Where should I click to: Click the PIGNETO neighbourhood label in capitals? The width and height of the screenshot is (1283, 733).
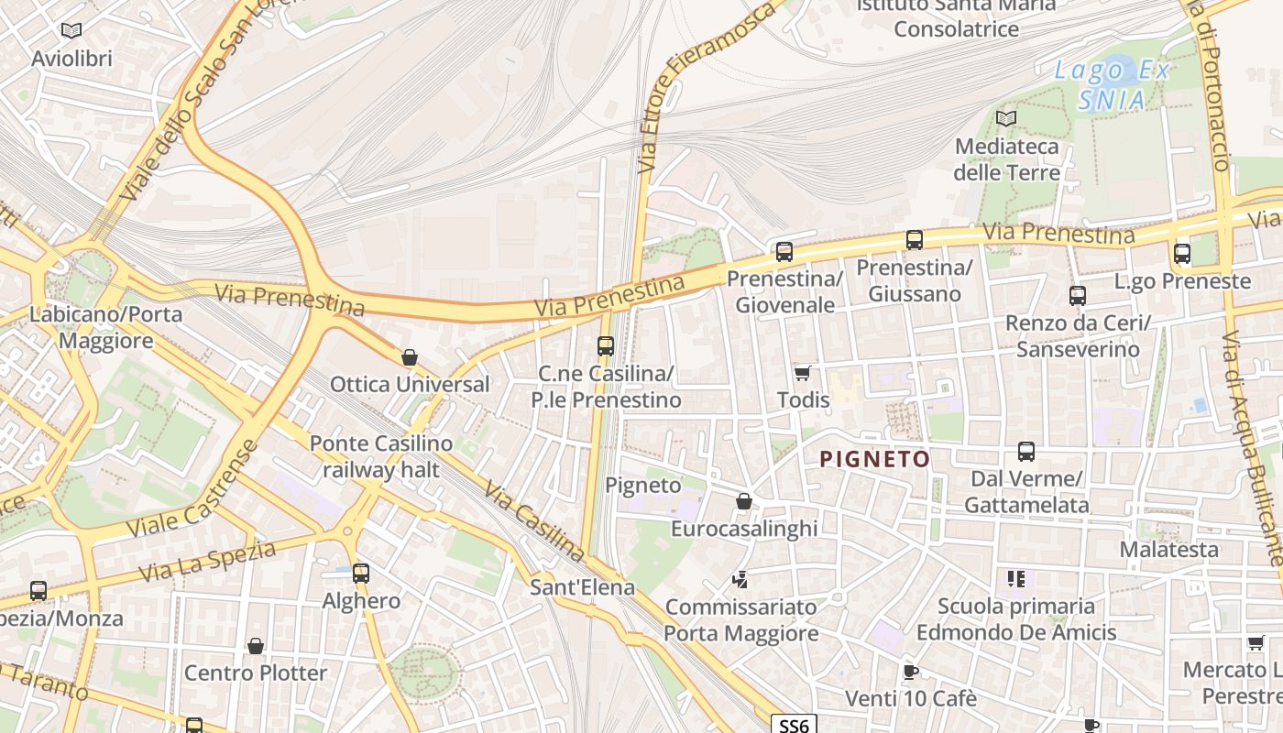tap(874, 459)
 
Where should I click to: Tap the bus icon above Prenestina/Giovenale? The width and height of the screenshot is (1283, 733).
tap(784, 252)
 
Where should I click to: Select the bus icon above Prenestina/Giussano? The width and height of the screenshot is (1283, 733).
tap(914, 240)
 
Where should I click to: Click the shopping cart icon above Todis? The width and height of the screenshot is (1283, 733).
tap(803, 373)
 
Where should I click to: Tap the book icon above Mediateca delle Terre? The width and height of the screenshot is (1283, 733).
tap(1006, 119)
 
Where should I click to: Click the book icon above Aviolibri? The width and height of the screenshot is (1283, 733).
tap(71, 31)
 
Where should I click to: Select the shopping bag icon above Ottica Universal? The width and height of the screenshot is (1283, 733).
tap(410, 357)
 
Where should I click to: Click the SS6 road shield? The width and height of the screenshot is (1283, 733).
tap(793, 725)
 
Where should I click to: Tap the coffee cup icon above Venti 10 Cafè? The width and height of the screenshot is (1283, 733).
tap(910, 672)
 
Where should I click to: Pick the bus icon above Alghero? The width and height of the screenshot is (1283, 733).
tap(361, 574)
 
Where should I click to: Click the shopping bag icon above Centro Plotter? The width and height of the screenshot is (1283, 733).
tap(256, 646)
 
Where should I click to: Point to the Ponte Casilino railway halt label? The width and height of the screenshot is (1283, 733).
tap(380, 456)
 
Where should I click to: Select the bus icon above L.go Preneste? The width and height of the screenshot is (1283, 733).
tap(1182, 254)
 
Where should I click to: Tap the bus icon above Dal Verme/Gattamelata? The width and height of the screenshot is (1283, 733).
tap(1026, 452)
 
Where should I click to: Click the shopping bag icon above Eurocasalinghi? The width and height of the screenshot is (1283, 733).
tap(744, 501)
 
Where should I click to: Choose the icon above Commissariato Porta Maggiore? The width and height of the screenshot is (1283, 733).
tap(740, 579)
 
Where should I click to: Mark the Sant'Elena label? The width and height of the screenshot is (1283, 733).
tap(582, 587)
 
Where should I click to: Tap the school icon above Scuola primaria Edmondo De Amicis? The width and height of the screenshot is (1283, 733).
tap(1015, 578)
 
